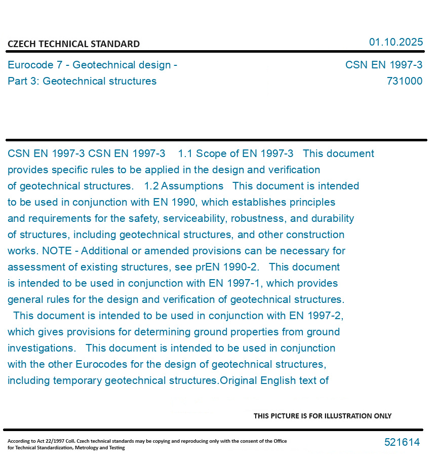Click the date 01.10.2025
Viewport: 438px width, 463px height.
395,42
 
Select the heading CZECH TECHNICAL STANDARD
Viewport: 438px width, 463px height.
73,44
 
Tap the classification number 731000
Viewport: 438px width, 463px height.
404,81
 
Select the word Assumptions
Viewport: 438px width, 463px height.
192,186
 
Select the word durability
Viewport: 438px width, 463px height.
332,218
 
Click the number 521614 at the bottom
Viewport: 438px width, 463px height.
402,442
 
